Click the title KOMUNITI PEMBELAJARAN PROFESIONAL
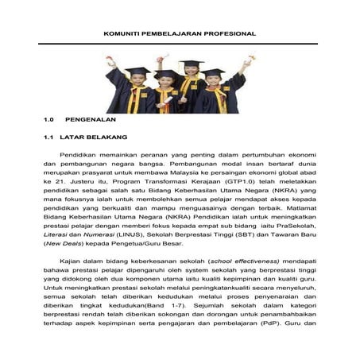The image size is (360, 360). [180, 34]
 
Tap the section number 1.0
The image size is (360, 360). [49, 120]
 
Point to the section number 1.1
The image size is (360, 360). [49, 137]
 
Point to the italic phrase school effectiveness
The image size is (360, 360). [243, 261]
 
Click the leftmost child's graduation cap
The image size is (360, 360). [137, 72]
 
